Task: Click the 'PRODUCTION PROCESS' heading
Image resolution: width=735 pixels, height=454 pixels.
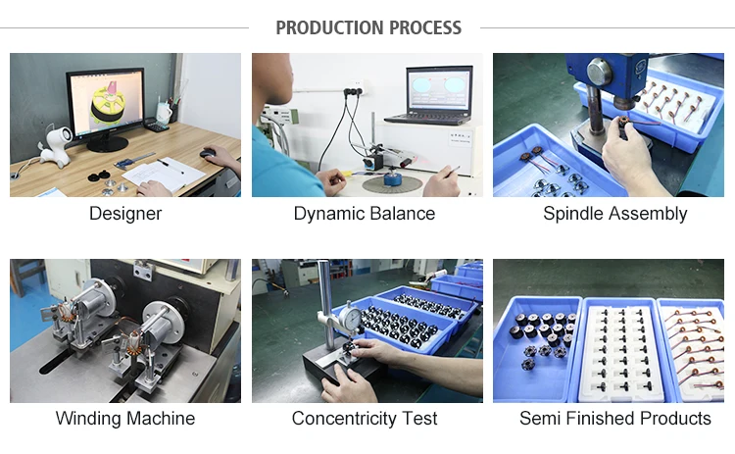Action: (x=368, y=27)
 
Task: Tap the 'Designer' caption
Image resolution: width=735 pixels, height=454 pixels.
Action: (x=125, y=214)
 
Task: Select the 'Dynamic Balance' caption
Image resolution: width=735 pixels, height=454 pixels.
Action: (x=365, y=214)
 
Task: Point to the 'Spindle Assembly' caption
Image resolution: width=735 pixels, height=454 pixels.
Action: (x=615, y=214)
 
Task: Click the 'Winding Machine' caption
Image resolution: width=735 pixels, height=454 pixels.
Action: (x=125, y=418)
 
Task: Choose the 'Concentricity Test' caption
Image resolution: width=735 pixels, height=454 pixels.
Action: (x=365, y=418)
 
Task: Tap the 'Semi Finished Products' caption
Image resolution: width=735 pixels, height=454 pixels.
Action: (x=615, y=418)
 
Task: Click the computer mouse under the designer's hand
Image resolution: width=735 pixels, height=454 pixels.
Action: (x=208, y=153)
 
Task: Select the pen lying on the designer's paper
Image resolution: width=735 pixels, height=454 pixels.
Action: (x=170, y=166)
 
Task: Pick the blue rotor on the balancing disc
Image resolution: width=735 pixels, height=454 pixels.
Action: (x=393, y=178)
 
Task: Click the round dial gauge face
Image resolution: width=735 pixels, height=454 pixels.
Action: (x=350, y=317)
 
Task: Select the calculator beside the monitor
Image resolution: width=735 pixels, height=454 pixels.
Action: (x=156, y=125)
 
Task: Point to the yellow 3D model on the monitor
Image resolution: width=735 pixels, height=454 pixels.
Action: (x=110, y=106)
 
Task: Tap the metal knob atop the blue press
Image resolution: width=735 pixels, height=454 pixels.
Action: (x=599, y=73)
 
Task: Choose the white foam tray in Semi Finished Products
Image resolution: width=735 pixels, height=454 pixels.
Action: (x=621, y=352)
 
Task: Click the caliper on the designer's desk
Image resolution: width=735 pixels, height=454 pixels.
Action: (x=133, y=161)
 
